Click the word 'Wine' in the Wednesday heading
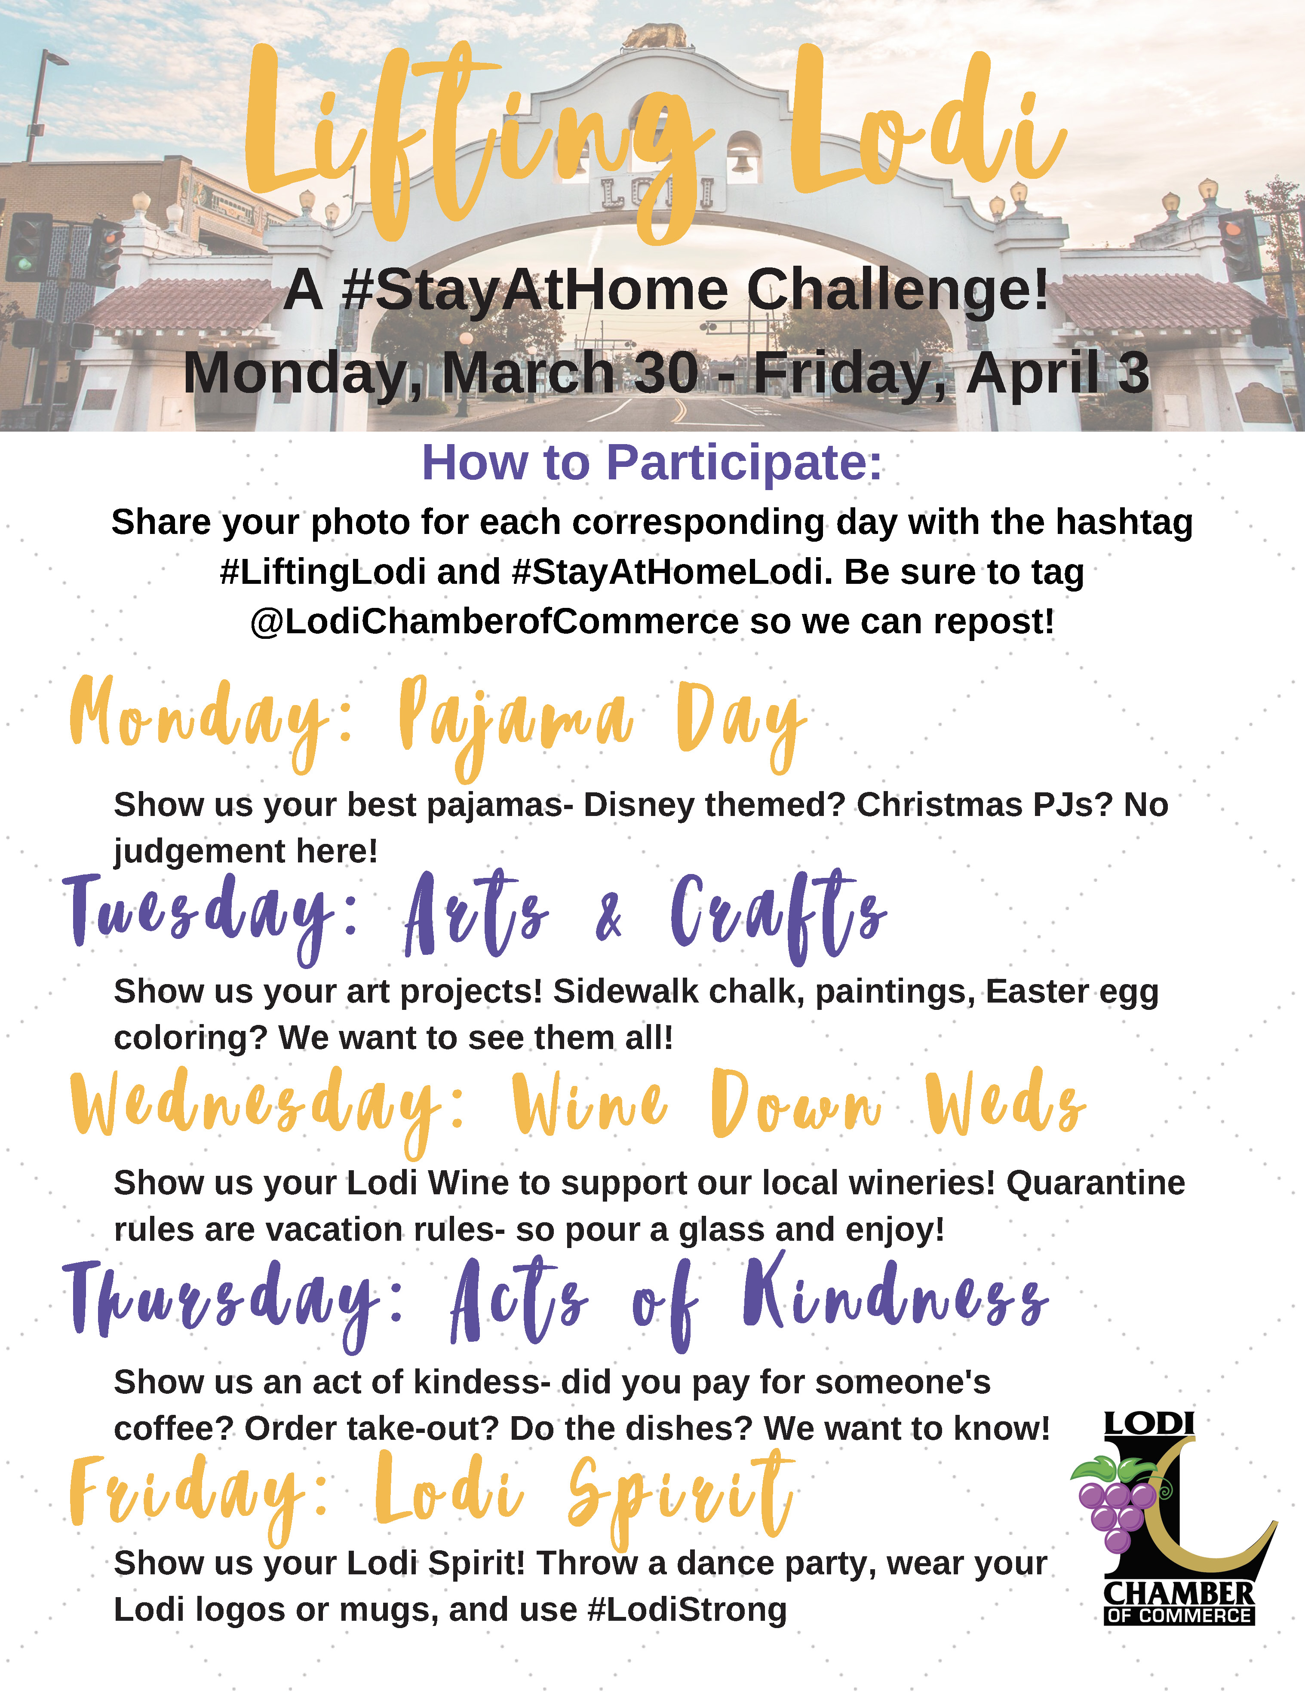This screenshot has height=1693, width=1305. (x=590, y=1104)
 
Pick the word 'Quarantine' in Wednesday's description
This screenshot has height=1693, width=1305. (x=1096, y=1183)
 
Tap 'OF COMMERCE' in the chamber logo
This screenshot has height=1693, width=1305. (x=1179, y=1616)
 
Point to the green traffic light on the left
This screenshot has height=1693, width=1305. (x=26, y=264)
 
